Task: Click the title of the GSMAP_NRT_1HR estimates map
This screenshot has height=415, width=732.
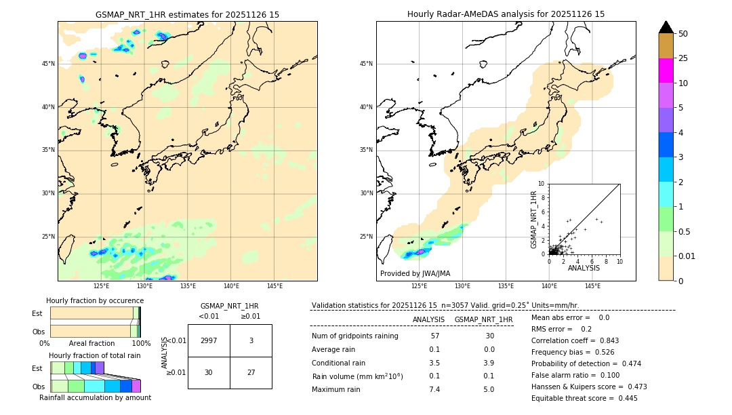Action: click(187, 14)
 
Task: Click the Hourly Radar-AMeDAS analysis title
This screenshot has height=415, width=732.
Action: click(506, 14)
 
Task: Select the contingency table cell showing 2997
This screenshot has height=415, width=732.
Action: click(209, 340)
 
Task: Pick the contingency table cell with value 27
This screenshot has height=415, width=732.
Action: click(251, 372)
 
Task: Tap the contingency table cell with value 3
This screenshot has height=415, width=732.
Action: click(251, 340)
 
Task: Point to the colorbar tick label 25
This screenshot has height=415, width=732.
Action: click(683, 58)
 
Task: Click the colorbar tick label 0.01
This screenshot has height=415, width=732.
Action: click(687, 256)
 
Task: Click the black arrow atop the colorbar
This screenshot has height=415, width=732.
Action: click(666, 27)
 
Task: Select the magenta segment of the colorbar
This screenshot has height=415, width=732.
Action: click(666, 71)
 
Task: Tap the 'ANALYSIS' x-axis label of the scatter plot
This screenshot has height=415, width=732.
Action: click(584, 268)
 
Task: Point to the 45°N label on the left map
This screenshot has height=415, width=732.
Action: click(48, 64)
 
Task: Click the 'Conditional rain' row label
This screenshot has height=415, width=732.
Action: click(338, 363)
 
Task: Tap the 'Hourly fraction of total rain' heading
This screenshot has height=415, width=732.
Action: click(95, 355)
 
